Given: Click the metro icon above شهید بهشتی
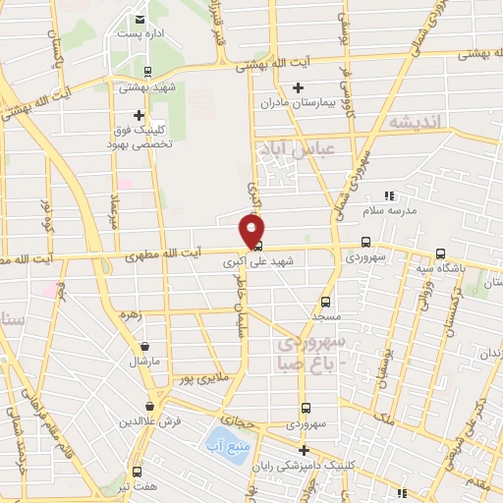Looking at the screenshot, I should pos(147,71).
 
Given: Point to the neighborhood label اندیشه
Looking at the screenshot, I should pos(419,123).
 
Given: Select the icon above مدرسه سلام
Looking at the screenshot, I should pos(390,196).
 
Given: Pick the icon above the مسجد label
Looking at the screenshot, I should pos(326,302).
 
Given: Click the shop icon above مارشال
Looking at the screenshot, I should pos(145,346).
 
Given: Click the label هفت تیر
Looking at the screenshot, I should pos(137,487).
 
